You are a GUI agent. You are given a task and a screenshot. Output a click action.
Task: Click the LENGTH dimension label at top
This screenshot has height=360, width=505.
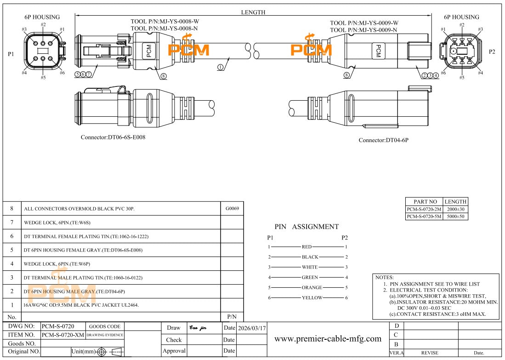tap(253, 12)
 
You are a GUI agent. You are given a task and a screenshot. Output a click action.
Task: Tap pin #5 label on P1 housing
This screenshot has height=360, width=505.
tap(43, 78)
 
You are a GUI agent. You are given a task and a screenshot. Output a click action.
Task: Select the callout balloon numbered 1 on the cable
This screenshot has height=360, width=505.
tap(221, 67)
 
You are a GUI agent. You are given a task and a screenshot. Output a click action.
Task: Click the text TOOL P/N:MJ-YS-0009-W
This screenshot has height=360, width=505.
tap(364, 23)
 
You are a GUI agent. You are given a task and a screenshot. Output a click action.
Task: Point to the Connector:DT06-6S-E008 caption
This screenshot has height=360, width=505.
tap(113, 137)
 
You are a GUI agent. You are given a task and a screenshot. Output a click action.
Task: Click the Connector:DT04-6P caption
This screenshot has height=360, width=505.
tap(383, 140)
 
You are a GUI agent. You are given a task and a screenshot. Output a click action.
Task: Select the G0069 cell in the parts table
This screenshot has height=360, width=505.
tap(232, 208)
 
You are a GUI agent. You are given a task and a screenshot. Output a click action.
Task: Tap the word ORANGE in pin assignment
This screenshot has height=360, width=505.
tap(312, 287)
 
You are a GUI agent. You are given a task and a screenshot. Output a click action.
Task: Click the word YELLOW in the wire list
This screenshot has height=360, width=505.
tap(312, 297)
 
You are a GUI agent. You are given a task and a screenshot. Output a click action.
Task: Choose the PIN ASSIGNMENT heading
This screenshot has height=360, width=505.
tap(306, 227)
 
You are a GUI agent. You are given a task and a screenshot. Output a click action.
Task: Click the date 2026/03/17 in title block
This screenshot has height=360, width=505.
tap(251, 328)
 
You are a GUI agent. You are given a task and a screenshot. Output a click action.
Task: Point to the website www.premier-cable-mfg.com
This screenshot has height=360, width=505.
tap(328, 339)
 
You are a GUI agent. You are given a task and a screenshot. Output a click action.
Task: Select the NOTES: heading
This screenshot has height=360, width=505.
tap(385, 278)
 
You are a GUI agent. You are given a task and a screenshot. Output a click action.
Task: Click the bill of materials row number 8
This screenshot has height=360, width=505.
tap(12, 208)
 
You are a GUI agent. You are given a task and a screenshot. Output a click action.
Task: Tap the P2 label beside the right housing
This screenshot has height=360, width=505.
tap(492, 51)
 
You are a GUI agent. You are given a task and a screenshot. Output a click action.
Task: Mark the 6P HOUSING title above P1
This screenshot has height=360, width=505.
tap(42, 17)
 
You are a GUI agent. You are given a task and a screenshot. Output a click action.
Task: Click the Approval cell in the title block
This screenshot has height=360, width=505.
tap(174, 350)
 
